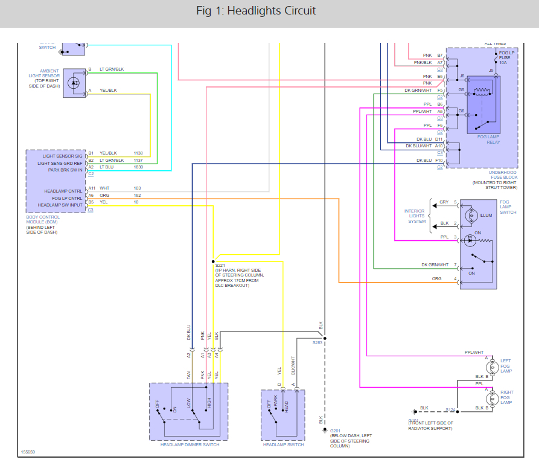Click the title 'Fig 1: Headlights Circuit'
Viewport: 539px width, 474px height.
[x=256, y=11]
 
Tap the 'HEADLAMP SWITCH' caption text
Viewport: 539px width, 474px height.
[x=283, y=445]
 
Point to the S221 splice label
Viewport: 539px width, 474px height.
[x=219, y=264]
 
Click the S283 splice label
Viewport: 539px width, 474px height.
[x=317, y=342]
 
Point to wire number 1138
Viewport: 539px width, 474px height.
[x=138, y=153]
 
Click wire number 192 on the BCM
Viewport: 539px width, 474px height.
[x=137, y=196]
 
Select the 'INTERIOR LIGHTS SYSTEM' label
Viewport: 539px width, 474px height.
[x=415, y=216]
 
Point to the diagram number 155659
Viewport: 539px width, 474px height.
[x=28, y=451]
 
